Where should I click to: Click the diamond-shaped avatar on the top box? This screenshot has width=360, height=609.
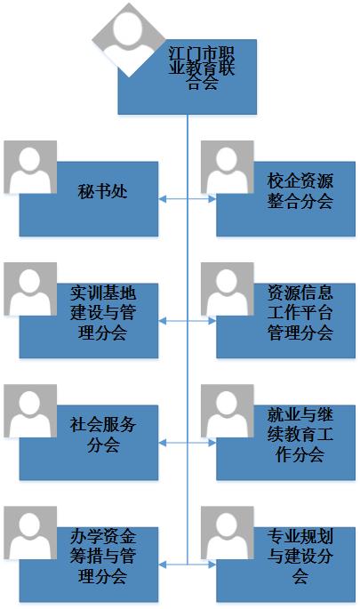129,40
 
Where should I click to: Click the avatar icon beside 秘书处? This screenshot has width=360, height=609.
30,167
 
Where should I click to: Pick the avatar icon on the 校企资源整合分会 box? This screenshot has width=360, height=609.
228,167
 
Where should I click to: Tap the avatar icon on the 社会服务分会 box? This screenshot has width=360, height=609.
30,411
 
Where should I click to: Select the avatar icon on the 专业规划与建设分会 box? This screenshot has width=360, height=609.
228,533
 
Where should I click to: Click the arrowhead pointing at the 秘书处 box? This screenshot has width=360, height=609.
163,199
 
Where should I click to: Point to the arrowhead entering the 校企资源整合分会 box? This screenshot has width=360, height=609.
212,199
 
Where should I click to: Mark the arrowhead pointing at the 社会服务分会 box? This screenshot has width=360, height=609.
163,443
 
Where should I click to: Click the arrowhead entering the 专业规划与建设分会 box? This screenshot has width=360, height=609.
212,565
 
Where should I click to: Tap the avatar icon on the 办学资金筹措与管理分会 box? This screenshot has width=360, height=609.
30,533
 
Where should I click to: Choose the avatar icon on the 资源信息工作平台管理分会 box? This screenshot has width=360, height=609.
228,289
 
